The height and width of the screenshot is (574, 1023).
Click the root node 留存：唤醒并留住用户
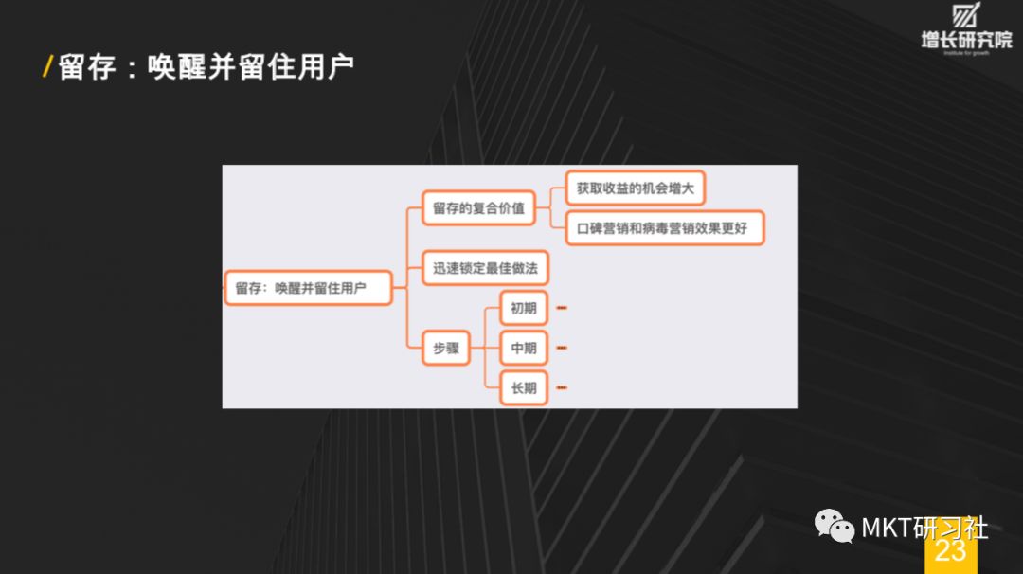tap(308, 288)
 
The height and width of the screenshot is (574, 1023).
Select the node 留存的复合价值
tap(478, 208)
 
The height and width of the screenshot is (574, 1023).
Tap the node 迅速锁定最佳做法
tap(485, 268)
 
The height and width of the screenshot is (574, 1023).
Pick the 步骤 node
tap(445, 349)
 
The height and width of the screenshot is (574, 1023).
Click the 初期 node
tap(523, 308)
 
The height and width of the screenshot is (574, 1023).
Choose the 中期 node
tap(523, 349)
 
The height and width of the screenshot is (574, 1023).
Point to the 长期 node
tap(523, 388)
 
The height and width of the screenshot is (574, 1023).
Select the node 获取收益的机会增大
tap(635, 188)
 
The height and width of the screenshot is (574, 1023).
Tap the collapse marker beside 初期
tap(562, 308)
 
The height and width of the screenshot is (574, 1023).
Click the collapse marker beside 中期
tap(562, 349)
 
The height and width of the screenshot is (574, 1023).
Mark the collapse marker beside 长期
tap(562, 388)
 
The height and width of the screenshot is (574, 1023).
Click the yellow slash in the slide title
tap(47, 67)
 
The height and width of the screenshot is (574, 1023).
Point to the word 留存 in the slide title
tap(87, 67)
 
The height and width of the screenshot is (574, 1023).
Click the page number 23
tap(950, 550)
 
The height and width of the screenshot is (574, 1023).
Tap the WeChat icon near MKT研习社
tap(835, 526)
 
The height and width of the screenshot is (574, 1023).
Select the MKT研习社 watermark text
tap(924, 527)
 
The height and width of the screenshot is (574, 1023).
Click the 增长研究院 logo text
tap(965, 40)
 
